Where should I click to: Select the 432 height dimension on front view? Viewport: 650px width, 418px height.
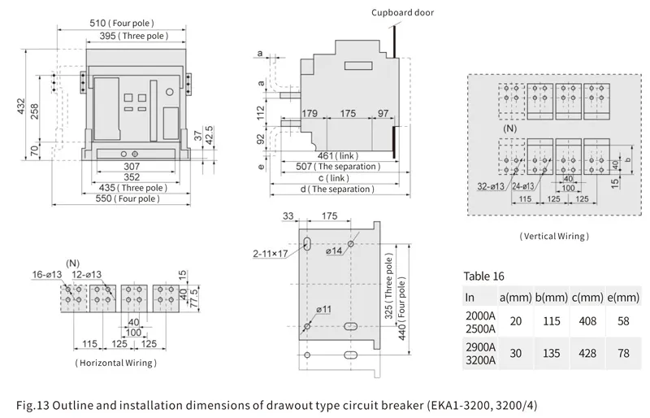click(22, 107)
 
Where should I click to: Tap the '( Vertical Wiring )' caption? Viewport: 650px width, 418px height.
click(554, 236)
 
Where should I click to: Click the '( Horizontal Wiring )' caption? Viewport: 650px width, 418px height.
click(115, 362)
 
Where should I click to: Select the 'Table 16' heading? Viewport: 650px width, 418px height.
click(484, 275)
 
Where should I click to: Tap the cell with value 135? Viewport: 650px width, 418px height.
click(552, 354)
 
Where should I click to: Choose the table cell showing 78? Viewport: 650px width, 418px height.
click(622, 354)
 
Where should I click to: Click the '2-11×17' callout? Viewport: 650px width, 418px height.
click(271, 254)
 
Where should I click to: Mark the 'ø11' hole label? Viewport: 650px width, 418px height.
click(323, 310)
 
